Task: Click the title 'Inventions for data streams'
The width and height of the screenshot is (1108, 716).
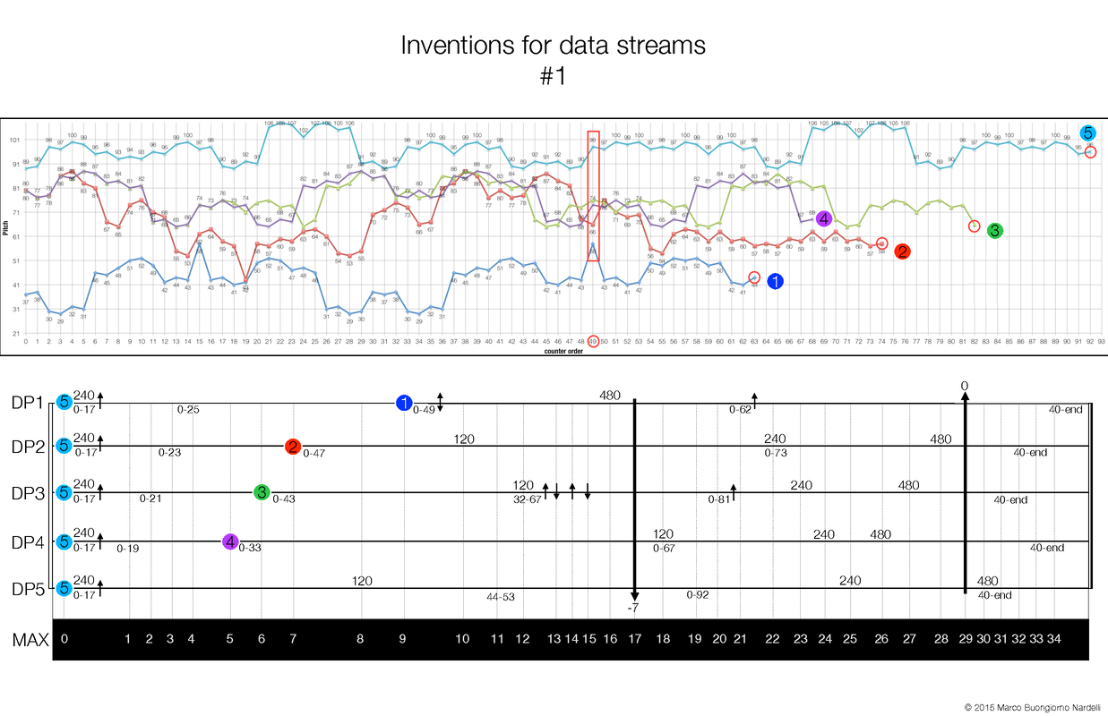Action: [553, 46]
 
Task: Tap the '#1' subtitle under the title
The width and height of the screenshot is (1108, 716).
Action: [554, 77]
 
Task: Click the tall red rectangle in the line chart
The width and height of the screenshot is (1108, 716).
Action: [593, 195]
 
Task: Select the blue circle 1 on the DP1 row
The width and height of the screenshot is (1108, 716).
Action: [404, 404]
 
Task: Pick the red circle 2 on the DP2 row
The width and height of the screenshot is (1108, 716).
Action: [293, 447]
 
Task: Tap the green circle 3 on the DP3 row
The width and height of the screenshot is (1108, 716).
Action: [261, 492]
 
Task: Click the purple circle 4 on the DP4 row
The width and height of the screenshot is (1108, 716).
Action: [230, 541]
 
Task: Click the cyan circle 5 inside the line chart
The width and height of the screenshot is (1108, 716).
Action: [1087, 133]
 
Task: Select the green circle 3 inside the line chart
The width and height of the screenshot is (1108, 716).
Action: [994, 231]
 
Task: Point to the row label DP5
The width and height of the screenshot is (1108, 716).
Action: [27, 588]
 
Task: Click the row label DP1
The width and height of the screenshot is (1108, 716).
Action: [27, 403]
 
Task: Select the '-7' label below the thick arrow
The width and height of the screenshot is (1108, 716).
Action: [634, 609]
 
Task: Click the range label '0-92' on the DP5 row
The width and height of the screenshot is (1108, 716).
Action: [698, 594]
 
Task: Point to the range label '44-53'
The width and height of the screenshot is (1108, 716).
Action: [501, 596]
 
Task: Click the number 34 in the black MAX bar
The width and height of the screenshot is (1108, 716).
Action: [1053, 639]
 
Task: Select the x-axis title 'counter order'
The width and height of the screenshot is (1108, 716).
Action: [564, 351]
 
